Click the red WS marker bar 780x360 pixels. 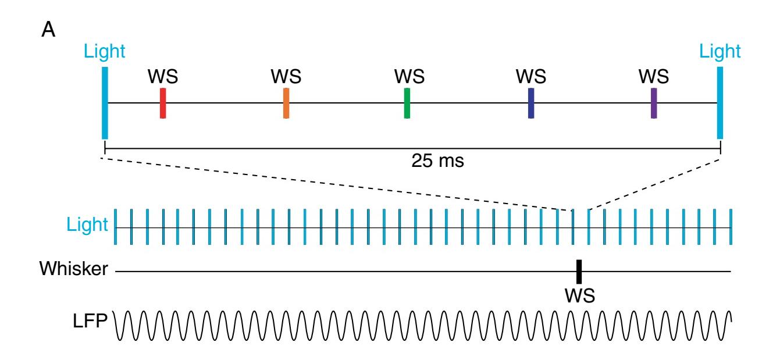point(163,103)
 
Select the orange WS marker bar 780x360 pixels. point(286,103)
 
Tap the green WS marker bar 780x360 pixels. point(407,103)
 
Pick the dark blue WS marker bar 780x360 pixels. point(530,103)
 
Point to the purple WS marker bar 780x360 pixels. point(654,103)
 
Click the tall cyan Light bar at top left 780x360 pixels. point(105,103)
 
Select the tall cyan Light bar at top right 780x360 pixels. point(720,103)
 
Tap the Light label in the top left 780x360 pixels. point(105,52)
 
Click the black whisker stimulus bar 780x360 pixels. point(579,272)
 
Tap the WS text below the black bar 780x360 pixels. point(579,295)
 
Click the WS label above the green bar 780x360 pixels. point(409,76)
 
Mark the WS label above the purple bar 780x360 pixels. point(654,76)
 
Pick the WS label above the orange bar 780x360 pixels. point(286,76)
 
